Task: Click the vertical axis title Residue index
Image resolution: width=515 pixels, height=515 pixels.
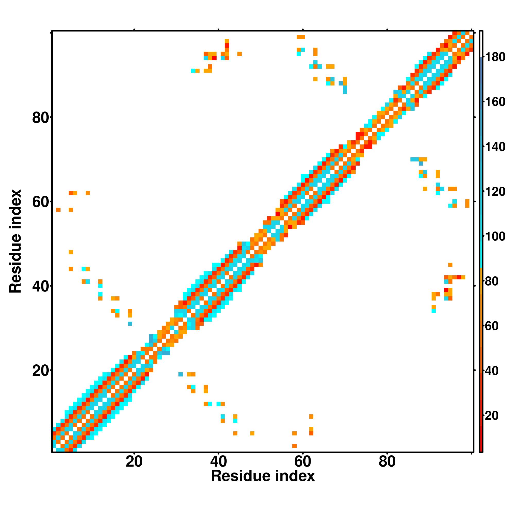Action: click(x=15, y=241)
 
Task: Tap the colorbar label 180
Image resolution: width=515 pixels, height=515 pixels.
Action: click(x=495, y=57)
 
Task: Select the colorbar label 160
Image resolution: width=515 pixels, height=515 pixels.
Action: click(x=495, y=102)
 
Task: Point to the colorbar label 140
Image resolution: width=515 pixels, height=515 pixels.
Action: click(x=495, y=147)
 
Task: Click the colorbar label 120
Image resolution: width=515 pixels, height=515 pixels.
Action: click(x=495, y=191)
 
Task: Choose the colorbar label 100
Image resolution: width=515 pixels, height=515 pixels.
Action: click(x=495, y=236)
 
